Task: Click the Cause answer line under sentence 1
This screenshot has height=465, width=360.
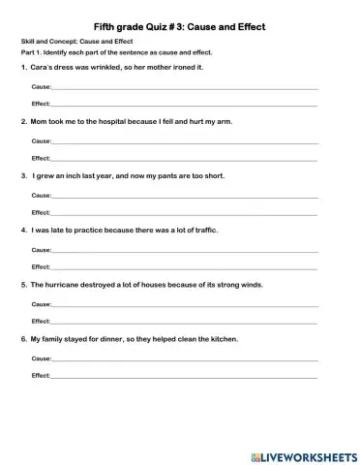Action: click(x=184, y=88)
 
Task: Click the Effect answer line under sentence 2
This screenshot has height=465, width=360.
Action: click(x=184, y=158)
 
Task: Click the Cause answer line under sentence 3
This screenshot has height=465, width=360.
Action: click(x=184, y=197)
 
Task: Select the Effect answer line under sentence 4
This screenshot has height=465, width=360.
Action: click(x=184, y=266)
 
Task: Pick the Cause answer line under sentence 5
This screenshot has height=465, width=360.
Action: click(x=184, y=305)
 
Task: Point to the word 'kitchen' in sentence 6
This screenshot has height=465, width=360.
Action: click(x=221, y=340)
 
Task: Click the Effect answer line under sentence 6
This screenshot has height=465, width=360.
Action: click(x=184, y=375)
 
